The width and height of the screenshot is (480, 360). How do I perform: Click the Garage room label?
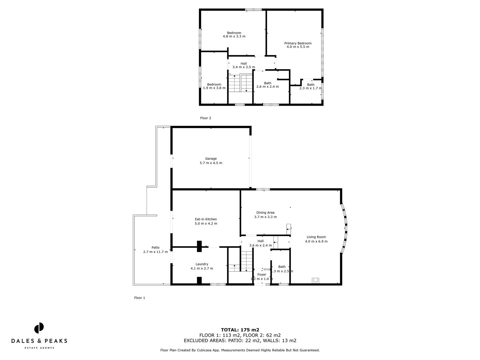(211, 159)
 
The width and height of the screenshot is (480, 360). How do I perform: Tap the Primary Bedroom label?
(298, 43)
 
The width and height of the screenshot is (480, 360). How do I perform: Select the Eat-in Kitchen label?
(206, 219)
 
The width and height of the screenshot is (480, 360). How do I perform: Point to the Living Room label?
(316, 237)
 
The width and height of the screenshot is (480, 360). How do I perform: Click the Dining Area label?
(265, 212)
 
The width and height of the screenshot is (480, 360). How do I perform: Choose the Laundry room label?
(202, 264)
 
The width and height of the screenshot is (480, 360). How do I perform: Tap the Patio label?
(155, 247)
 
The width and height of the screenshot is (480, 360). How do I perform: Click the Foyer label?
(262, 275)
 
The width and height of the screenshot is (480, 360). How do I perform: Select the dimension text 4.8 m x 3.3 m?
(234, 36)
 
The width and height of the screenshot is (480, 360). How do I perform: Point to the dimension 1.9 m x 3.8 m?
(214, 88)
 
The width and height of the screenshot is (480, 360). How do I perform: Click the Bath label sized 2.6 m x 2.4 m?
(267, 83)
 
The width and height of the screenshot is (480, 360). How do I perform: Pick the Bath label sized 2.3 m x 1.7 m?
(310, 85)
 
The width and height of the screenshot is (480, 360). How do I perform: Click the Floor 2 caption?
(205, 118)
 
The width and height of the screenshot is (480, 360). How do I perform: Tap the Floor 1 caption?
(139, 298)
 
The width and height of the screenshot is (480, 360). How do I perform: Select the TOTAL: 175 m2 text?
(240, 330)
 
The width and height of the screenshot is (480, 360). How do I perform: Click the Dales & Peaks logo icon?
(39, 328)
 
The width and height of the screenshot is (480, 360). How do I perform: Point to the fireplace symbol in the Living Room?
(315, 280)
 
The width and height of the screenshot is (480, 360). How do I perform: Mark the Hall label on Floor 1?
(260, 241)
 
